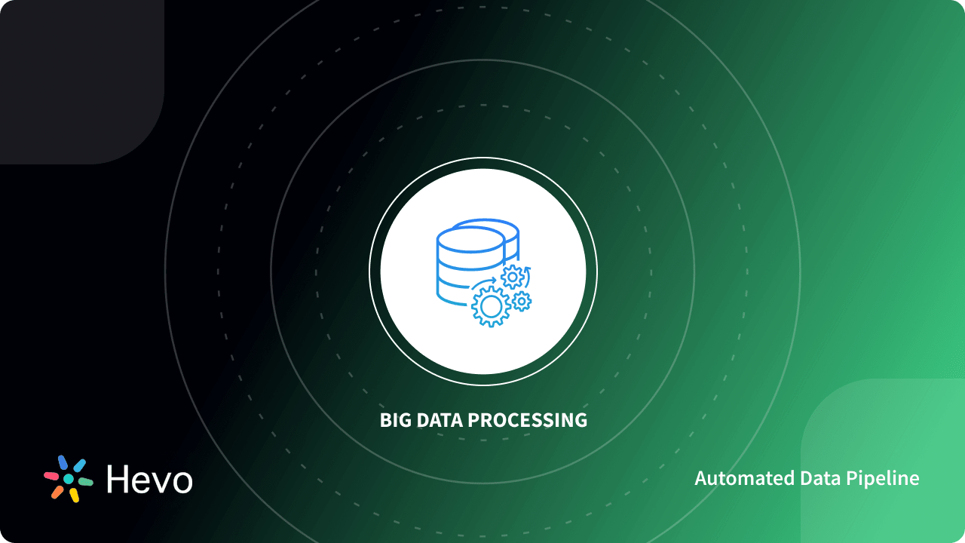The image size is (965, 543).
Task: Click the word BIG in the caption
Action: point(394,420)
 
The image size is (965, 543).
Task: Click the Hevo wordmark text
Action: point(149,479)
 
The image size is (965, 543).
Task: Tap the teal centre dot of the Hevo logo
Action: point(69,479)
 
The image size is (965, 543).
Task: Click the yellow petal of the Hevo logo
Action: point(74,495)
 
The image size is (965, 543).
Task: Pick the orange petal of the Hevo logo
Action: point(57,492)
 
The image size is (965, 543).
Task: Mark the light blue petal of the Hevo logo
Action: point(79,465)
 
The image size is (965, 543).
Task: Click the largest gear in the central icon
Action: point(491,306)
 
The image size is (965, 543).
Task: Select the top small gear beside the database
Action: point(513,278)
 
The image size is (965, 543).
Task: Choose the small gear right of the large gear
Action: point(522,302)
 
